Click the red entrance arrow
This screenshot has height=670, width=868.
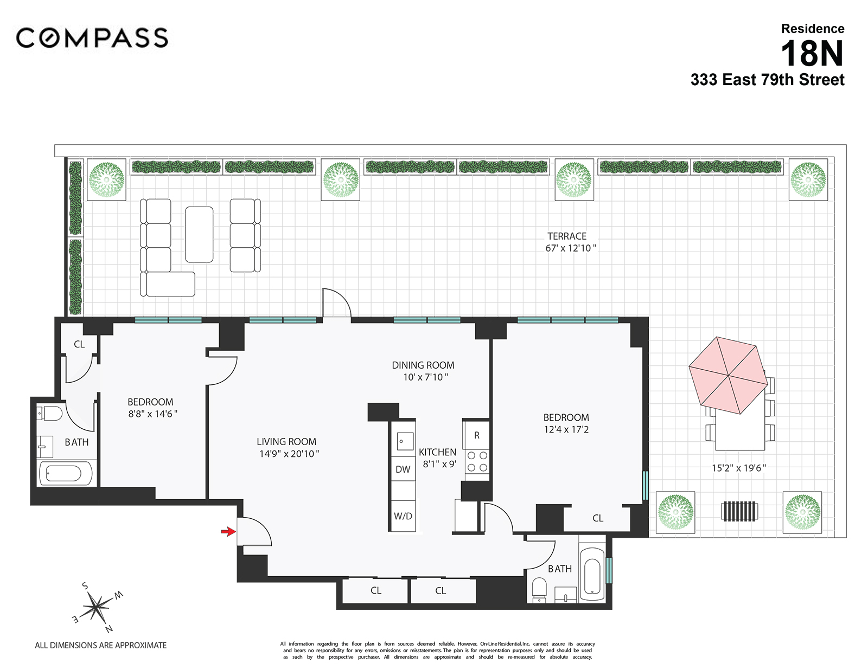[228, 532]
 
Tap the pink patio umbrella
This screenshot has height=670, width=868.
[728, 375]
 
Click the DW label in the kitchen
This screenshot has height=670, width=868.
[403, 469]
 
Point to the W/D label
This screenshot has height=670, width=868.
[403, 516]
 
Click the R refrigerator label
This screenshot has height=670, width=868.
[476, 435]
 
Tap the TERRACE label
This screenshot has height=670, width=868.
[567, 236]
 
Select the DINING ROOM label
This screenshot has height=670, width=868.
[423, 365]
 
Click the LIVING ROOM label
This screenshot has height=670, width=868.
[286, 442]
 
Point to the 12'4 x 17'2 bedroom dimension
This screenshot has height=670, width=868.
[566, 429]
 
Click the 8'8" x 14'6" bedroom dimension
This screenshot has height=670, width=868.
[152, 414]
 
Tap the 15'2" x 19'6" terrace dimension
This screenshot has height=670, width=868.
[738, 468]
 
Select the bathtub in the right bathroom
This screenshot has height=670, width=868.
[592, 575]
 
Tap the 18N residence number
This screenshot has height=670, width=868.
[812, 54]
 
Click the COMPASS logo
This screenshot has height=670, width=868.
[92, 38]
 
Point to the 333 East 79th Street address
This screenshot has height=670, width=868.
[767, 80]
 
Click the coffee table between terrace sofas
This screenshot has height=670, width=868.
[199, 234]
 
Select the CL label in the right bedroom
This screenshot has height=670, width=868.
[598, 518]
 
